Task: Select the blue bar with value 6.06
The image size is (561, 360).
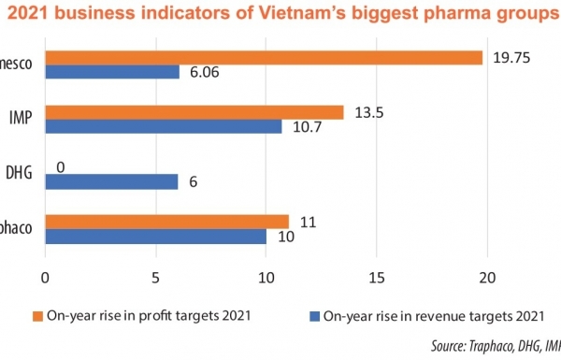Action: click(112, 72)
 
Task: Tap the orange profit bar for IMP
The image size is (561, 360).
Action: click(194, 112)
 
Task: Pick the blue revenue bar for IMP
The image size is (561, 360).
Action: click(164, 126)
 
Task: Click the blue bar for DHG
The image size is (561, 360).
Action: click(111, 181)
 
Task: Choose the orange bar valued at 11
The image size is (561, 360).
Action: click(167, 222)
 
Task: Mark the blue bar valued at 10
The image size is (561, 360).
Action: click(156, 236)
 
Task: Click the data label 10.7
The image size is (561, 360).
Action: click(307, 126)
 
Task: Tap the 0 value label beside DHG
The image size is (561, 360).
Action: click(60, 166)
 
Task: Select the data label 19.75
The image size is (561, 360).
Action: click(511, 57)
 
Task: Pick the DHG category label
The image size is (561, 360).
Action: click(20, 174)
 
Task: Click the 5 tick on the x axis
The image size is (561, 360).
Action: click(155, 276)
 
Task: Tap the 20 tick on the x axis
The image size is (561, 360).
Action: click(486, 276)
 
